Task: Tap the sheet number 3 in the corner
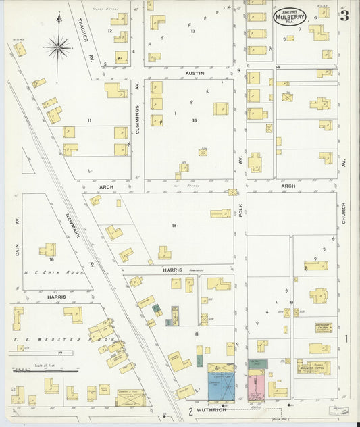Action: [344, 16]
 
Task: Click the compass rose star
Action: [58, 47]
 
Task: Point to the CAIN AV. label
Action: [16, 226]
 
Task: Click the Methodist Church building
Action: [322, 328]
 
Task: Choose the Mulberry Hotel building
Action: [314, 367]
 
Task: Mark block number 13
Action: [192, 31]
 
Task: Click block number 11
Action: [88, 120]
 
